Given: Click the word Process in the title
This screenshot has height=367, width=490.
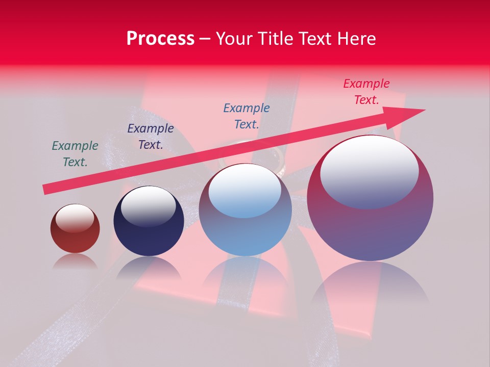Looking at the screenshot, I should (x=160, y=39).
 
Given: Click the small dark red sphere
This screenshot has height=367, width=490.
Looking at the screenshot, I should (x=75, y=228).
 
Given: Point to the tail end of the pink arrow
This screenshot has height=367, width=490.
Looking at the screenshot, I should (x=47, y=189).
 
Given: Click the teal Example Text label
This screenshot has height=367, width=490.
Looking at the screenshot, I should (x=75, y=154).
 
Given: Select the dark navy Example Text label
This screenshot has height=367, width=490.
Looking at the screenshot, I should (x=151, y=137).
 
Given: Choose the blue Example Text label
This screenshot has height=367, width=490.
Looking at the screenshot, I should (x=247, y=116).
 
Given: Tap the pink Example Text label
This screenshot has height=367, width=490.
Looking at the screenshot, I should (x=366, y=92).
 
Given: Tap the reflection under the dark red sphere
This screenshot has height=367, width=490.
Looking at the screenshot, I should (x=75, y=261).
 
